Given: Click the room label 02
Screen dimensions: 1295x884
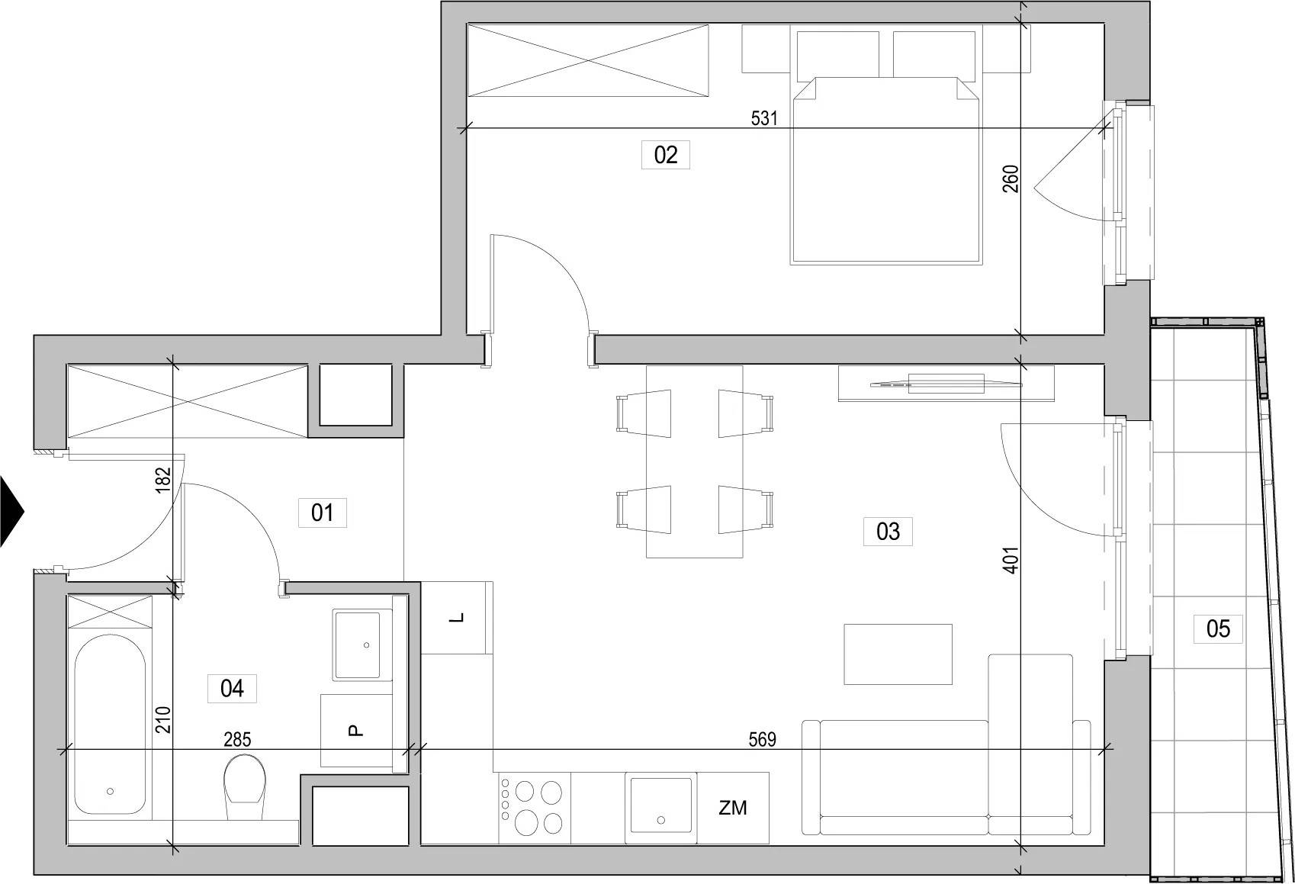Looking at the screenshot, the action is [665, 155].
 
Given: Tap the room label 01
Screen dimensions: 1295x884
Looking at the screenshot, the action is [322, 513].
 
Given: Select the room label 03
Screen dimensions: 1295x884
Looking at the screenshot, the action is [888, 532].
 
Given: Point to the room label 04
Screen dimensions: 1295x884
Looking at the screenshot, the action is [232, 689].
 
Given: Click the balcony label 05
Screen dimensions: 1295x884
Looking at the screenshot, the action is [1218, 629].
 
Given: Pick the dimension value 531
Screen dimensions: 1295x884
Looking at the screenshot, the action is [763, 118].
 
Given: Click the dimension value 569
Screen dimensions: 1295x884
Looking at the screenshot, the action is [762, 739].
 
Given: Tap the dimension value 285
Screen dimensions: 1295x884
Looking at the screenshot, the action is [237, 739].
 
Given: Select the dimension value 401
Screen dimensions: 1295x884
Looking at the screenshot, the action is [1011, 561].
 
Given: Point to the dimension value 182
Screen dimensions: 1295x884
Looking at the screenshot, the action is [164, 480].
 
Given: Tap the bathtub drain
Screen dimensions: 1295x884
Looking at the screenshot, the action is [111, 792].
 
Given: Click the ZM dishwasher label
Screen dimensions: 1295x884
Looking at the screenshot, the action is [732, 808].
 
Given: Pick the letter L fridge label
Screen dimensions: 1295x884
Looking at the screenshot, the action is [457, 618].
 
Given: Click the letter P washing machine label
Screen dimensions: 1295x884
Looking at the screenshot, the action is [356, 731].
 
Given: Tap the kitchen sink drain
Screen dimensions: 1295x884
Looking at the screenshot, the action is [661, 820].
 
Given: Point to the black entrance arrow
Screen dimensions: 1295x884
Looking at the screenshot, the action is [11, 511].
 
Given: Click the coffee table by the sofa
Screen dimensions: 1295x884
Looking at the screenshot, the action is [898, 654].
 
